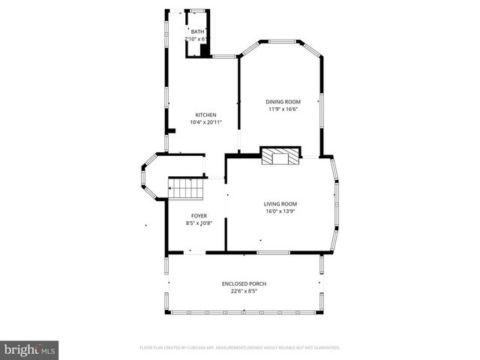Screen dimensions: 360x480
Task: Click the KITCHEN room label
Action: pos(205,115)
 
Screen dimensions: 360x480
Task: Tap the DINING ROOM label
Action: pos(283,101)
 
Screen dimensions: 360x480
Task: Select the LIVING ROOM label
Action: pos(280,204)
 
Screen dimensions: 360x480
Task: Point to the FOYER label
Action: pos(199,215)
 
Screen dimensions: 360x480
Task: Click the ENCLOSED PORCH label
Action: pos(244,283)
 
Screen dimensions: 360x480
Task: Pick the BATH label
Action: pos(197,31)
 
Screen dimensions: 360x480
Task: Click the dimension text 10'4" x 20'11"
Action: pos(205,121)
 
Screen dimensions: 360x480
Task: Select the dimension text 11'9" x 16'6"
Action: pos(283,109)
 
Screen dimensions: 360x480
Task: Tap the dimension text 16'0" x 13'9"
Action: pos(280,211)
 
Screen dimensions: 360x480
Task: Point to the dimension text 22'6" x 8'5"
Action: pos(244,291)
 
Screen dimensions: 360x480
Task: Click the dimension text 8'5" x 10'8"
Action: pos(199,223)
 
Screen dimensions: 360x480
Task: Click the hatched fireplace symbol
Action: pos(275,157)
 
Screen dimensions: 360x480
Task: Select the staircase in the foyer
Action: pos(185,189)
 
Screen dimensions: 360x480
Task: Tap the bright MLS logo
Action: pos(30,349)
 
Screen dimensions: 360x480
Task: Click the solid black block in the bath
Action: pos(205,50)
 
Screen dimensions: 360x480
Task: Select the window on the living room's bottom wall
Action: pos(273,252)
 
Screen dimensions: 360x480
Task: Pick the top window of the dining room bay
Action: pos(281,40)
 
